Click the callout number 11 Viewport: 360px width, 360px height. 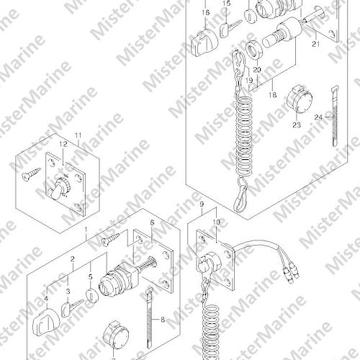[x=78, y=135]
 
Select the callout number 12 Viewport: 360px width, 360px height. [x=63, y=145]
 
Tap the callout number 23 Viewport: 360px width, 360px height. [x=297, y=125]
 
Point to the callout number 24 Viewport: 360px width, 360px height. [x=318, y=117]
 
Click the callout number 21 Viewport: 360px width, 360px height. [x=316, y=44]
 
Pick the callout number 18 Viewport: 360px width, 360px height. [x=273, y=95]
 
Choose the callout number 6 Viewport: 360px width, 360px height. [x=152, y=223]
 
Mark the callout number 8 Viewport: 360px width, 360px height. [x=163, y=320]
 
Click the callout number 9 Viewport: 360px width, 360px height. [x=202, y=204]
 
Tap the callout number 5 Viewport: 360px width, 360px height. [x=90, y=277]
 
